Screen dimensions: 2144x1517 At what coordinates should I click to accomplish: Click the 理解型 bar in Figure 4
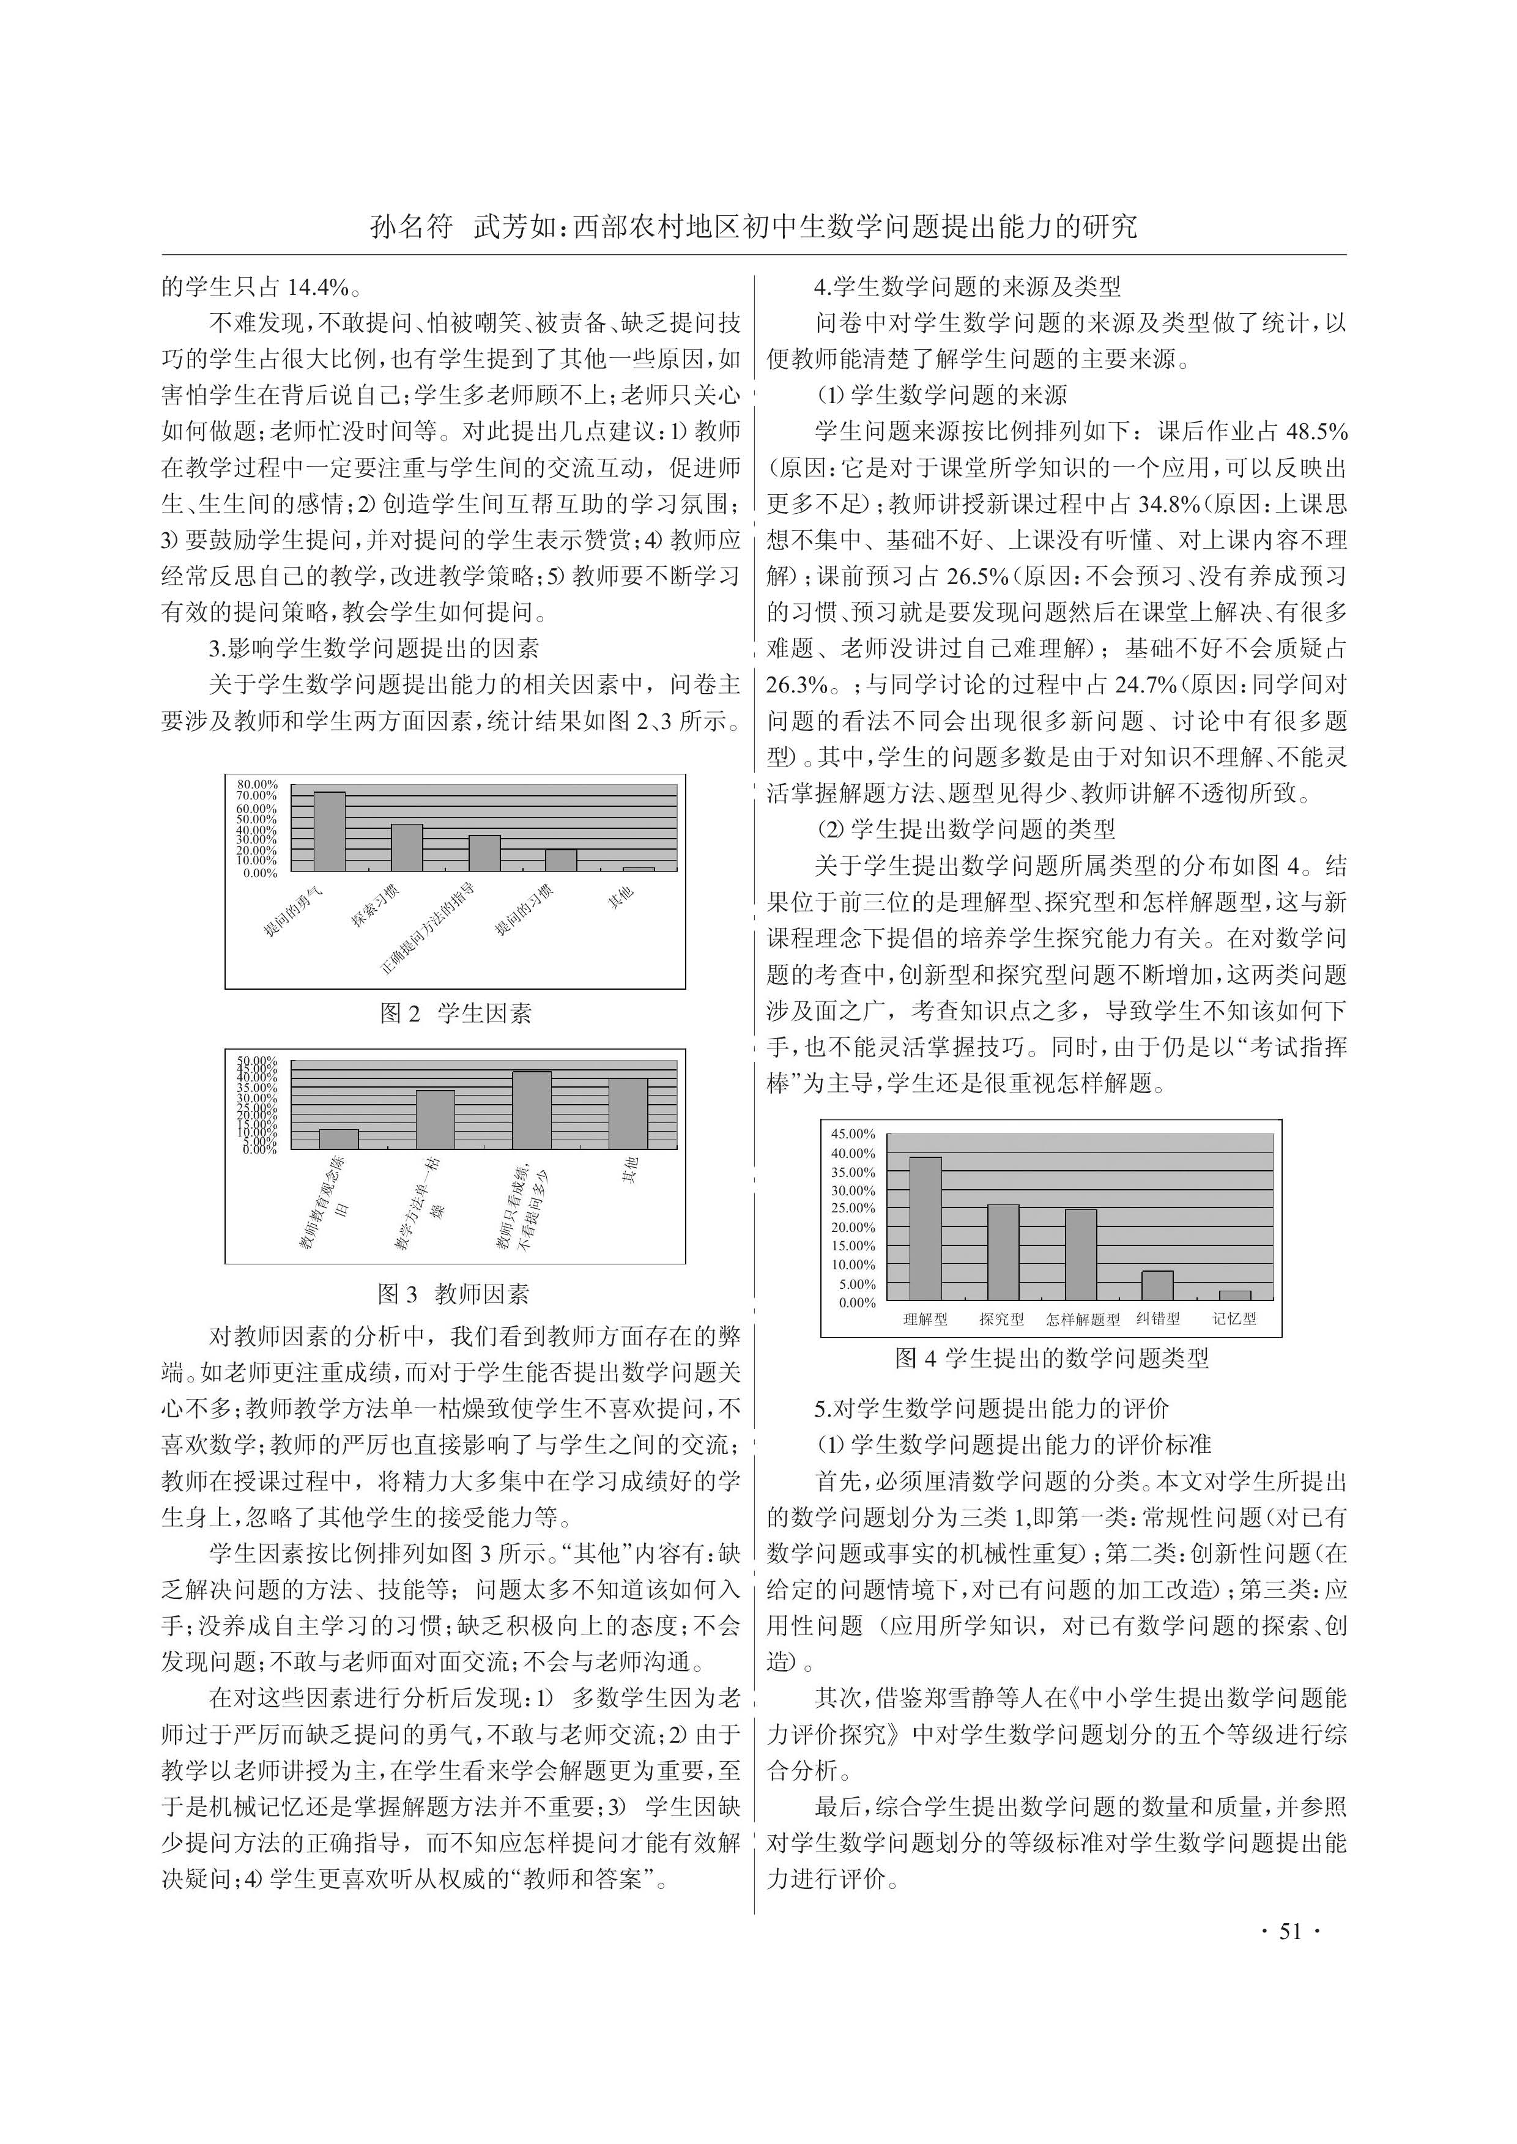[925, 1228]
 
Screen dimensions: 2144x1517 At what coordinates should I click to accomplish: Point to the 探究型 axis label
[1001, 1319]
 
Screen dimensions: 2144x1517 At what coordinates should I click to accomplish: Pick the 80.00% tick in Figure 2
[257, 784]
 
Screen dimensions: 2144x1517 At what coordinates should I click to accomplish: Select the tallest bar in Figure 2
[329, 831]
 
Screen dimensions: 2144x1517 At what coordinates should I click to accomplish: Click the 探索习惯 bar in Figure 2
[406, 847]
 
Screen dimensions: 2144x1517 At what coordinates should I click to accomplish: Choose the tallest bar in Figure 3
[532, 1110]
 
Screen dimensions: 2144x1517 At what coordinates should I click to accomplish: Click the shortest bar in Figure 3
[338, 1139]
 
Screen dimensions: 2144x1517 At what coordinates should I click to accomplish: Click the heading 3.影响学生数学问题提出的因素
[374, 648]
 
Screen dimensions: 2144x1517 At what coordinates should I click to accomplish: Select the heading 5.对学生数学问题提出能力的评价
[992, 1409]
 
